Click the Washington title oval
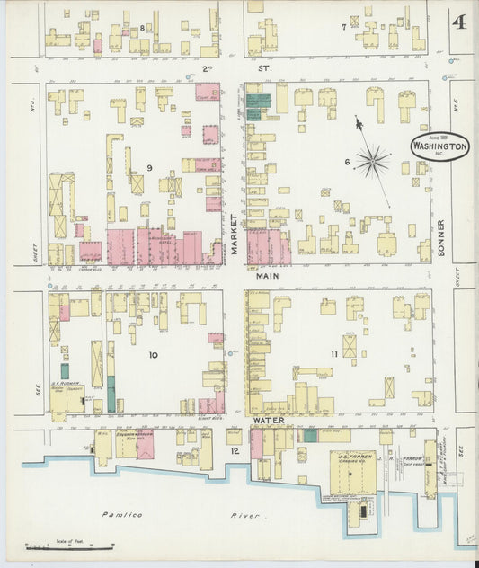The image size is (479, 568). [439, 146]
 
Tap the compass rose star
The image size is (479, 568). [371, 162]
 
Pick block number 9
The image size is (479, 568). [151, 168]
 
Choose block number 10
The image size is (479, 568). [153, 355]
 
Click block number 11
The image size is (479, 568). [334, 354]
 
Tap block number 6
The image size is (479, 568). [345, 162]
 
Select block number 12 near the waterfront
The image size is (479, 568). [235, 450]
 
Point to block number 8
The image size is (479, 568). [142, 29]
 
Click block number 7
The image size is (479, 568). [343, 27]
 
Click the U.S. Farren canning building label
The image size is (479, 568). [353, 457]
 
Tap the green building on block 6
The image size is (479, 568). [258, 106]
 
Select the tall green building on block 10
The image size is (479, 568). [111, 393]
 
